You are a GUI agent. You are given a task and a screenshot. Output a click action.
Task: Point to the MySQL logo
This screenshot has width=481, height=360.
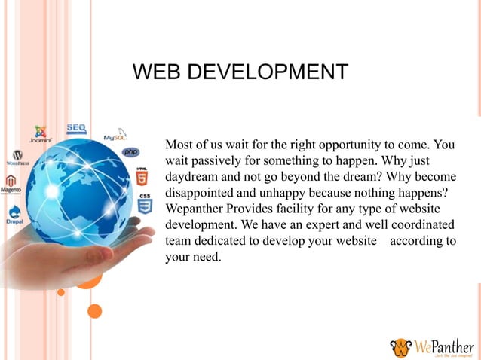click(115, 136)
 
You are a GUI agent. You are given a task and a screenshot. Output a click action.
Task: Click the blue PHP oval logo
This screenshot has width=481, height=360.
click(131, 152)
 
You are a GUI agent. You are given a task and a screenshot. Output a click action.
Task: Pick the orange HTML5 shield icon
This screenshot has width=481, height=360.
click(141, 177)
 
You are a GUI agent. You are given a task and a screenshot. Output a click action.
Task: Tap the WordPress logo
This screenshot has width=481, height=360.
click(17, 157)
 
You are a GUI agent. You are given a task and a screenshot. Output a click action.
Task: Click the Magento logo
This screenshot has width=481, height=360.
click(11, 185)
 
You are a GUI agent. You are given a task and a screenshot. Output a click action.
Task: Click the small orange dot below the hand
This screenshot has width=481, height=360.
click(95, 310)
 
